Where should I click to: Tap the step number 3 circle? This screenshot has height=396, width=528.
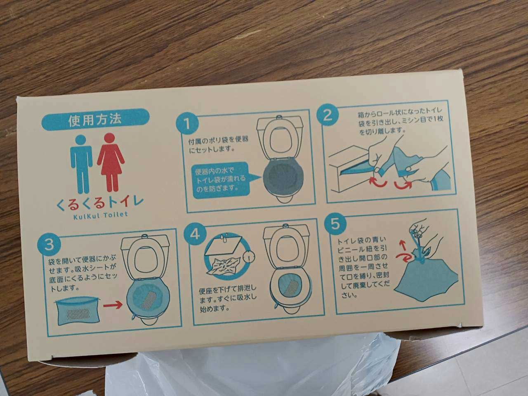pyautogui.click(x=49, y=245)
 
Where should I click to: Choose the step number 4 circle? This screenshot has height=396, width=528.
pyautogui.click(x=195, y=234)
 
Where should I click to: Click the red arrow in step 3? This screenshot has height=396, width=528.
pyautogui.click(x=113, y=305)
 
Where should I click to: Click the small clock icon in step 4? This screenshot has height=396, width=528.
pyautogui.click(x=249, y=257)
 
